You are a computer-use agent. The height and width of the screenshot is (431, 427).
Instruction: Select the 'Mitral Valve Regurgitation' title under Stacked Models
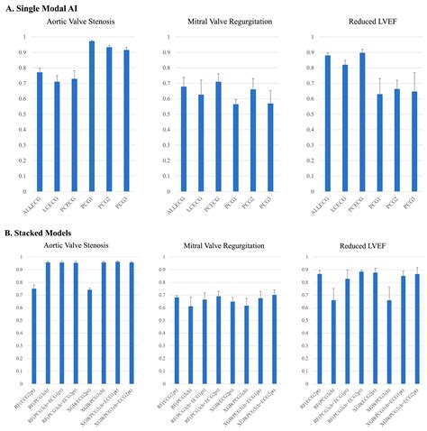tap(214, 246)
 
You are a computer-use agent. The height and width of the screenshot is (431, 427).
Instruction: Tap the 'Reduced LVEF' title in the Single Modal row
tap(359, 22)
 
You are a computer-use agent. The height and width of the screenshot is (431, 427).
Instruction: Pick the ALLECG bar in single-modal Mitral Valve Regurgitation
tap(184, 131)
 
